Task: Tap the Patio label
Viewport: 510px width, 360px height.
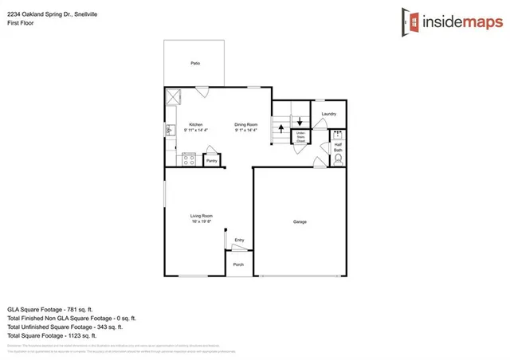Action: (194, 63)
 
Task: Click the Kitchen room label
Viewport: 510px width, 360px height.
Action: (195, 124)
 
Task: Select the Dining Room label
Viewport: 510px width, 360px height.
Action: (245, 124)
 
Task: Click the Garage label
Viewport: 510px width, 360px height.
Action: (300, 221)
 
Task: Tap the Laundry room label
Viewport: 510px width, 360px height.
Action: (328, 115)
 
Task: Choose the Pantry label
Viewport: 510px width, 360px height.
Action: (211, 161)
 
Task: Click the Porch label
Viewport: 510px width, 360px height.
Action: (238, 265)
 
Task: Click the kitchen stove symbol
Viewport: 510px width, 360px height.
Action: (190, 158)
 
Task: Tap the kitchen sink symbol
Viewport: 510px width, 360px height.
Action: (170, 129)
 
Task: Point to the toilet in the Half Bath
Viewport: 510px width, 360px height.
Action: (337, 158)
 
